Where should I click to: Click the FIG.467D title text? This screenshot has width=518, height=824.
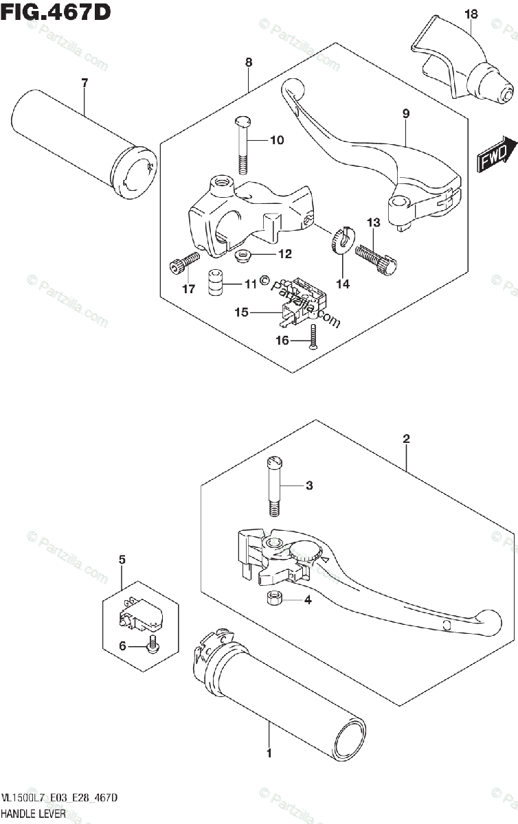[x=56, y=12]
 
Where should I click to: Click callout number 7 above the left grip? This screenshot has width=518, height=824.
[x=85, y=83]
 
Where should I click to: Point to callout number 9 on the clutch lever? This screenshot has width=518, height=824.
[x=406, y=114]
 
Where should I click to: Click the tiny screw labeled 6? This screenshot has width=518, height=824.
[x=153, y=645]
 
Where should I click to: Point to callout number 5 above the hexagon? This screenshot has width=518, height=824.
[x=122, y=560]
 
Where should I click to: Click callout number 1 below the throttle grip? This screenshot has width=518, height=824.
[x=269, y=753]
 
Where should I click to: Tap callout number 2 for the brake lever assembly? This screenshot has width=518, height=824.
[x=407, y=438]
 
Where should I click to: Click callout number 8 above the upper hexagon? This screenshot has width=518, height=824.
[x=248, y=62]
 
